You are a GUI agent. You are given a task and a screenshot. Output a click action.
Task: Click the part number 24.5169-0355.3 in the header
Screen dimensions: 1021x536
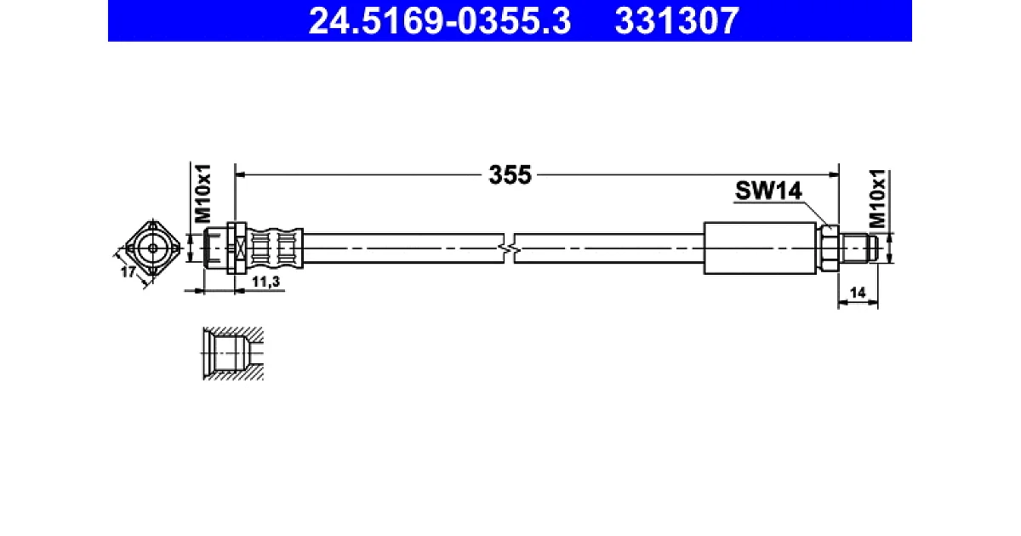(439, 21)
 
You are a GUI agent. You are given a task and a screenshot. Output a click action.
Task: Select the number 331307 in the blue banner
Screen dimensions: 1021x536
(676, 21)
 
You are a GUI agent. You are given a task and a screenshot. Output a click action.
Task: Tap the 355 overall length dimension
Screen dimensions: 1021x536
(510, 174)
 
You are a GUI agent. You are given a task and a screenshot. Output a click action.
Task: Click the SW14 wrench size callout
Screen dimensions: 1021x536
(768, 191)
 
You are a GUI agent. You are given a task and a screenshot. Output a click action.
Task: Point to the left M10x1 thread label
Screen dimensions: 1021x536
(202, 193)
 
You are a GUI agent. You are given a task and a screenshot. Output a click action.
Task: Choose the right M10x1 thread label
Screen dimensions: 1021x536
(877, 199)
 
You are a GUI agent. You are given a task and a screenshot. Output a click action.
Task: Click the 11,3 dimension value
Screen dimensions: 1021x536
(265, 282)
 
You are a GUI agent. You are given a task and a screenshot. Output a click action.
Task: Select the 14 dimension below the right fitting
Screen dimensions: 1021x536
(858, 293)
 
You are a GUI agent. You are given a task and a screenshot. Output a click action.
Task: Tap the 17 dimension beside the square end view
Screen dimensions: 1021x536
(128, 272)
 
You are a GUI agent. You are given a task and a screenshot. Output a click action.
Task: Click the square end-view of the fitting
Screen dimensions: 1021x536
(153, 248)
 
